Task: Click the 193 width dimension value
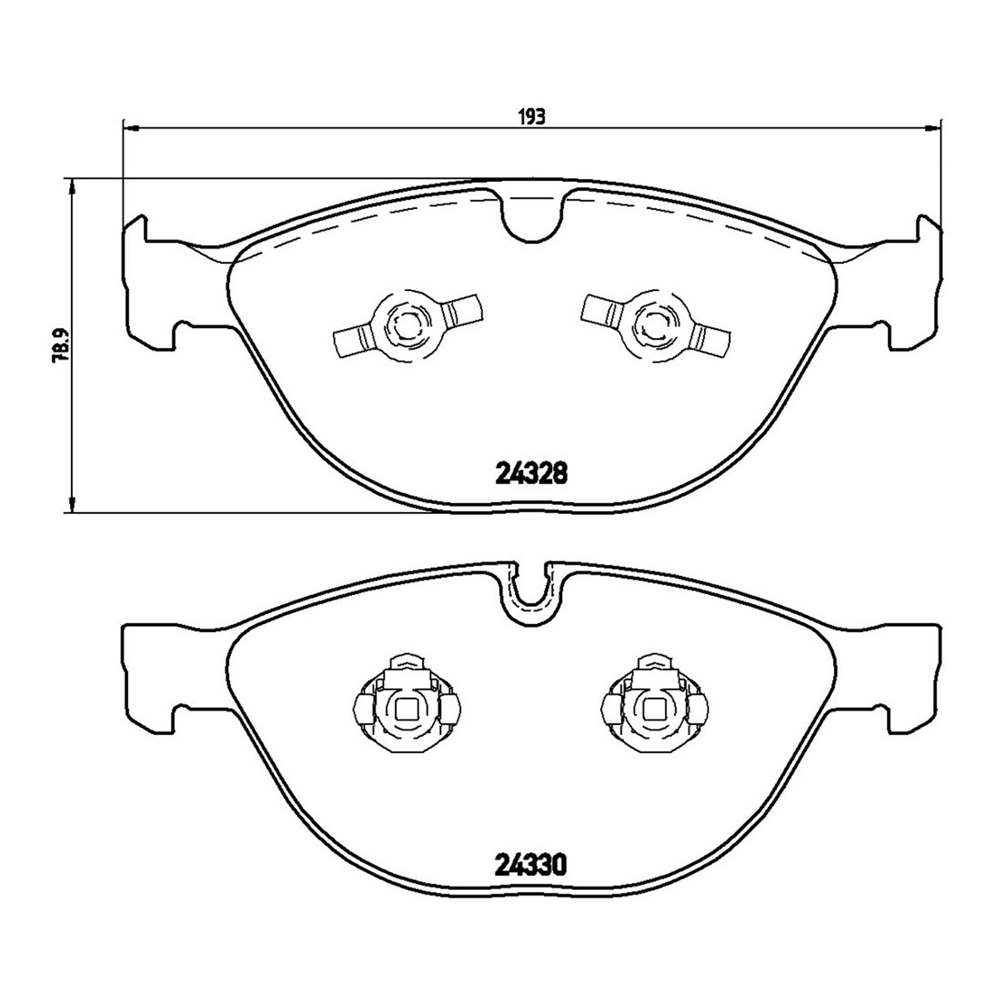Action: pyautogui.click(x=532, y=116)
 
